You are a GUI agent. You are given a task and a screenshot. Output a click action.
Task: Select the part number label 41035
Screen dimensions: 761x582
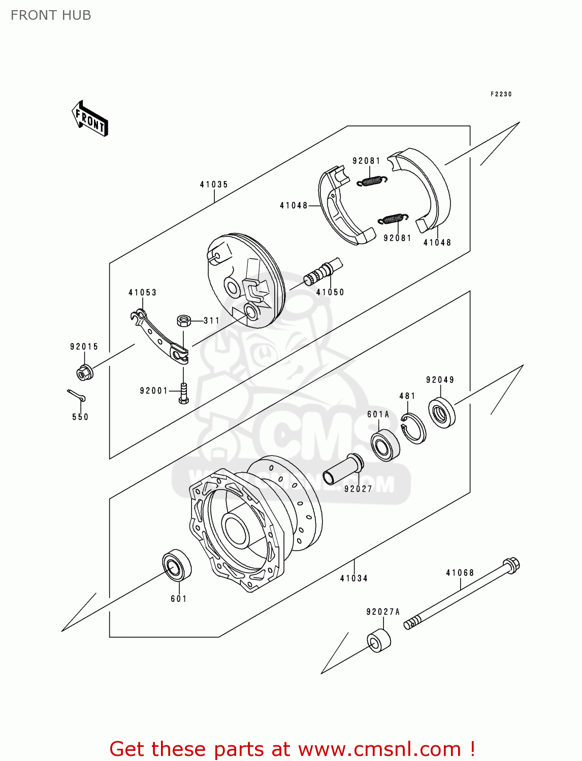click(214, 185)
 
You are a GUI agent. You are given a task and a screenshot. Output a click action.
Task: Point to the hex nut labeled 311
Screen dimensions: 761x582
click(183, 321)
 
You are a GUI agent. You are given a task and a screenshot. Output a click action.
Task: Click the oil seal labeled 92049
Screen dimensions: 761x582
click(442, 413)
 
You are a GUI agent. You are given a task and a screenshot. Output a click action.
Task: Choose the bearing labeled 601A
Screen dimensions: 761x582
click(385, 445)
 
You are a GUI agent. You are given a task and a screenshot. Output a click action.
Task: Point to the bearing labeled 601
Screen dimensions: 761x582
click(177, 565)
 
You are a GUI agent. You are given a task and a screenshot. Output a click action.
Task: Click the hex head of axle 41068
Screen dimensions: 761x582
click(511, 565)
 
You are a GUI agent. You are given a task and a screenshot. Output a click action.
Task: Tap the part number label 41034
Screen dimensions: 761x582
click(354, 578)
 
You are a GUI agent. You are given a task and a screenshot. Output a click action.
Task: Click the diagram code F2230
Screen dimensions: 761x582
click(501, 94)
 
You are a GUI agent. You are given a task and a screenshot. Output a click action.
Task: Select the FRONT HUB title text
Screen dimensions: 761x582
click(51, 15)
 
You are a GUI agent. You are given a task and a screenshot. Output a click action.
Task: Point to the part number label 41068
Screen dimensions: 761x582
click(460, 573)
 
